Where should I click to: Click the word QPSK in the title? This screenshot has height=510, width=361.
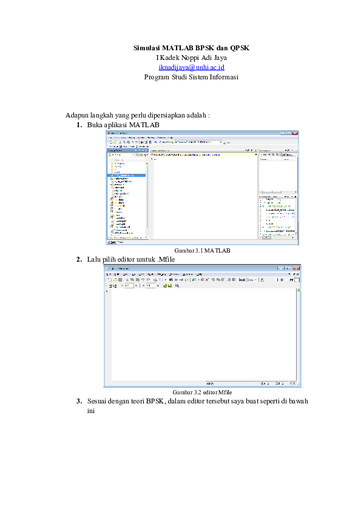[240, 48]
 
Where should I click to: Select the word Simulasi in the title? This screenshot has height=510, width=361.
[147, 48]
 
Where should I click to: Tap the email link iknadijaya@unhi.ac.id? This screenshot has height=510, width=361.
[191, 67]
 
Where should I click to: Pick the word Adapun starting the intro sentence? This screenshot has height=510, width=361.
[78, 115]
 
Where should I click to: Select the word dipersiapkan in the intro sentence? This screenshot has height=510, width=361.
[164, 115]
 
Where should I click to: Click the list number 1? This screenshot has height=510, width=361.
[79, 125]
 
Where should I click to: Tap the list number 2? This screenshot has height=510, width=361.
[79, 259]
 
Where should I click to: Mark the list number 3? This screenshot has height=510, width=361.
[79, 401]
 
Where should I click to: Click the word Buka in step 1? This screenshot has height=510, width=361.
[94, 125]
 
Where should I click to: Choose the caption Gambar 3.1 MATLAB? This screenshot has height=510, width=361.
[202, 250]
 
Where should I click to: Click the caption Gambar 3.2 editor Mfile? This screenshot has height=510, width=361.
[202, 392]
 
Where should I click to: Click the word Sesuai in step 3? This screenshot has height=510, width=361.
[97, 401]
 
